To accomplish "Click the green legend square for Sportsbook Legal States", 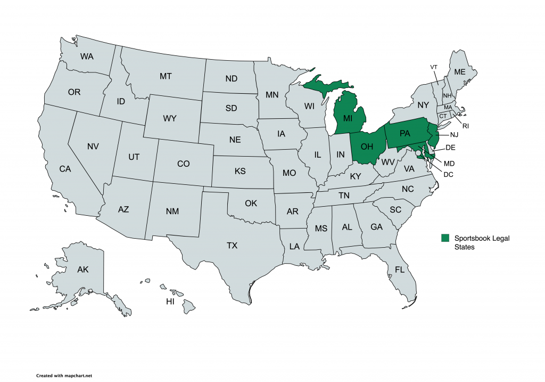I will pyautogui.click(x=445, y=238).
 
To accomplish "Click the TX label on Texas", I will pyautogui.click(x=232, y=246).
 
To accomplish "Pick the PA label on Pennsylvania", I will pyautogui.click(x=404, y=134).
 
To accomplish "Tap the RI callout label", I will pyautogui.click(x=465, y=126).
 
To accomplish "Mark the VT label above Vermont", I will pyautogui.click(x=434, y=67).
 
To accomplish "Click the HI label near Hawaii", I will pyautogui.click(x=170, y=302).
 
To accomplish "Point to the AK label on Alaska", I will pyautogui.click(x=82, y=270).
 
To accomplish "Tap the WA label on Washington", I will pyautogui.click(x=87, y=56).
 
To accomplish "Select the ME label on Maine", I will pyautogui.click(x=459, y=72).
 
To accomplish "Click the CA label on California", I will pyautogui.click(x=65, y=169).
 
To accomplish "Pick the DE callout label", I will pyautogui.click(x=450, y=148).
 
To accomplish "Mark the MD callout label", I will pyautogui.click(x=450, y=162).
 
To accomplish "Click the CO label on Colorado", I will pyautogui.click(x=183, y=164).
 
